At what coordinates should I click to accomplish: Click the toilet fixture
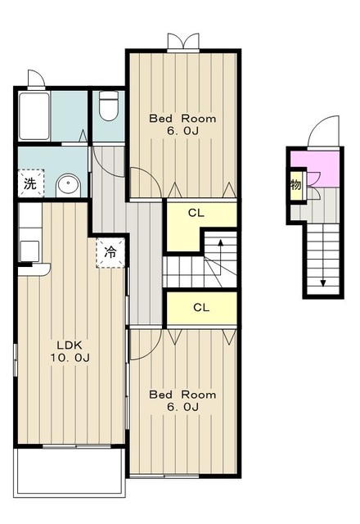pos(109,106)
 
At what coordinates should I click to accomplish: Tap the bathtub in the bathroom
pos(34,116)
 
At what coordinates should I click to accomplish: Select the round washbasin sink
pos(68,185)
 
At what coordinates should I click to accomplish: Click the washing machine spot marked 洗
pos(31,183)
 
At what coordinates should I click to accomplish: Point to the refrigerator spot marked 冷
pos(110,252)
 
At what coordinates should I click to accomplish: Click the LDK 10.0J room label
pos(70,351)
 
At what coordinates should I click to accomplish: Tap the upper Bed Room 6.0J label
pos(182,124)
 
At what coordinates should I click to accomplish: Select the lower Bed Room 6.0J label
pos(182,400)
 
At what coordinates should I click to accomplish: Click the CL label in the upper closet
pos(196,213)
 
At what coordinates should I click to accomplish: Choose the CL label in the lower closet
pos(201,308)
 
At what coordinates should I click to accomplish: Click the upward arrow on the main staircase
pos(220,256)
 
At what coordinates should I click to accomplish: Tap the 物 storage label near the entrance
pos(296,184)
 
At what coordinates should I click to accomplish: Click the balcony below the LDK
pos(70,472)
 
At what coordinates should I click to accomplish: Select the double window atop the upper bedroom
pos(183,43)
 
